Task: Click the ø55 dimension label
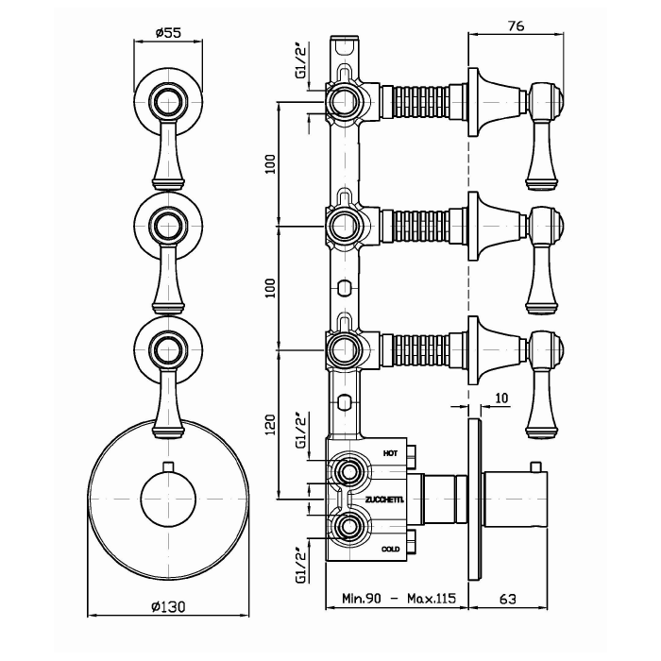(168, 32)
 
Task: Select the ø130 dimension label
(168, 606)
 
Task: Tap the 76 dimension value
(516, 25)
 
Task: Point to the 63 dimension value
(508, 598)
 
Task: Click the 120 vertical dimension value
(270, 425)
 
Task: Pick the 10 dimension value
(500, 398)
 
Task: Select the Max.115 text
(432, 598)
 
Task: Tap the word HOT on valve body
(390, 453)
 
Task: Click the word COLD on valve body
(390, 549)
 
